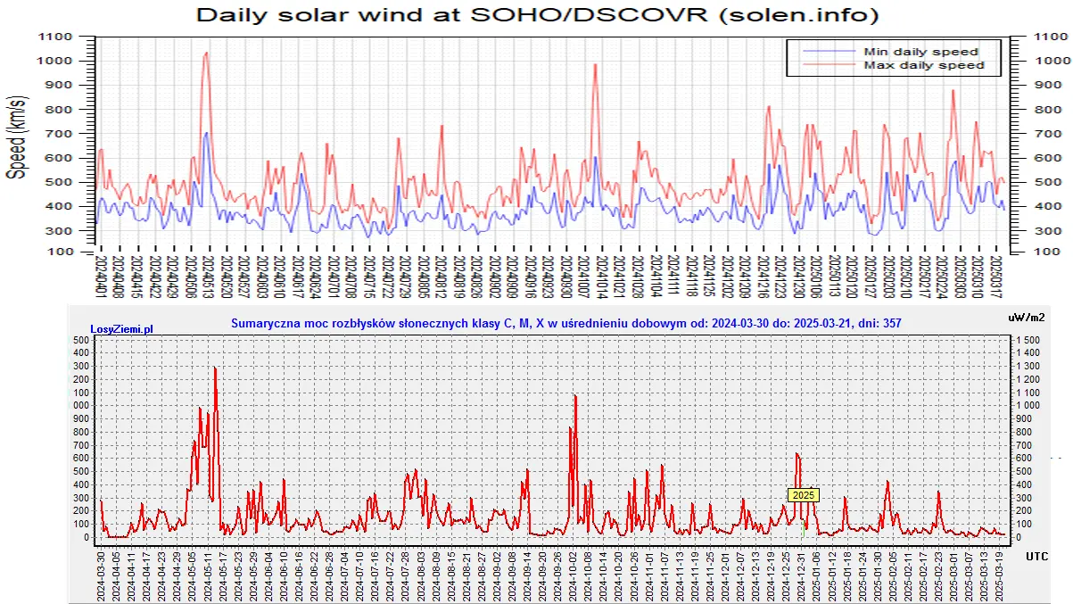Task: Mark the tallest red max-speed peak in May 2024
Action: (207, 53)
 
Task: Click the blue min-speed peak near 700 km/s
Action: (206, 133)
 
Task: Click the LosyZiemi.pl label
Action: (122, 329)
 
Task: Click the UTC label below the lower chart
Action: (1036, 556)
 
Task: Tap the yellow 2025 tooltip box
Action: (804, 494)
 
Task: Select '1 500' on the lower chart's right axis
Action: (1028, 340)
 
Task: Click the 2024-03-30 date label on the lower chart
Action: (101, 575)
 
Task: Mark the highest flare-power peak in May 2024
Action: (215, 368)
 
